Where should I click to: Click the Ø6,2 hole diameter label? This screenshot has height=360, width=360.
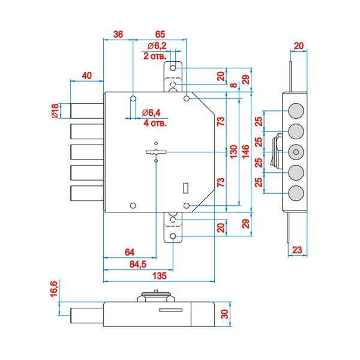pos(157,46)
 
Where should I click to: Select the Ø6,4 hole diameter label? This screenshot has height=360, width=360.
pos(153,113)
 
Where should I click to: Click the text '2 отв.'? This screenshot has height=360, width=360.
pos(154,56)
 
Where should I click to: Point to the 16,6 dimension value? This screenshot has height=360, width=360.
pos(53,289)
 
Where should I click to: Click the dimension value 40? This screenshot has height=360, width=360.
pos(87,75)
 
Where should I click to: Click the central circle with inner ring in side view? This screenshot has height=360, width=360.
pos(295,151)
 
